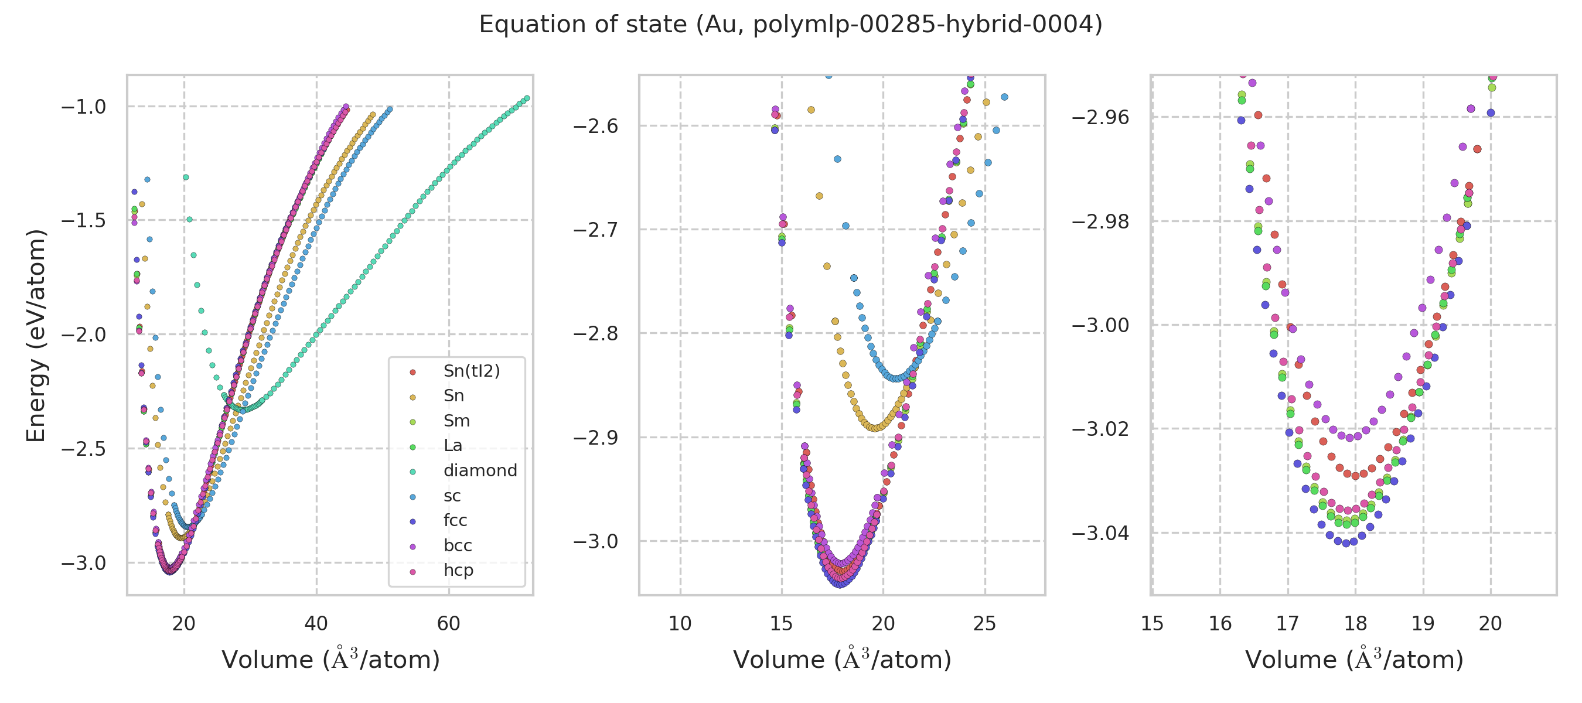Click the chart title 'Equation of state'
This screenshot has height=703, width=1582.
click(x=790, y=25)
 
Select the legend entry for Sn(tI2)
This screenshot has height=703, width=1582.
click(x=471, y=371)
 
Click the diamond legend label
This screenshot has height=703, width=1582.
click(x=480, y=470)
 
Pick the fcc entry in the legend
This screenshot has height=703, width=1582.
click(x=455, y=520)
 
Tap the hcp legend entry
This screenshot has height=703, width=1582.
click(x=458, y=570)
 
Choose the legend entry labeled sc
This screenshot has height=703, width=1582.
click(x=452, y=496)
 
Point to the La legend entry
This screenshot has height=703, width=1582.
click(x=452, y=445)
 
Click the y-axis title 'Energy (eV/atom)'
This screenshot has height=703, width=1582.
click(x=36, y=335)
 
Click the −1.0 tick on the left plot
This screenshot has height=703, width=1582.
click(x=84, y=107)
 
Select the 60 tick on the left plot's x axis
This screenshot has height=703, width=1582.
click(x=448, y=624)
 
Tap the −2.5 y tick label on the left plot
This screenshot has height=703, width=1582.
click(x=84, y=449)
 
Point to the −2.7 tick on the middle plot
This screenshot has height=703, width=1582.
click(x=595, y=230)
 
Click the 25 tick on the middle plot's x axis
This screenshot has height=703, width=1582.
click(x=984, y=624)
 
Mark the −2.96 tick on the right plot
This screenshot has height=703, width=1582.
click(x=1100, y=117)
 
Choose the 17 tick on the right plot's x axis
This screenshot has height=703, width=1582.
click(x=1287, y=624)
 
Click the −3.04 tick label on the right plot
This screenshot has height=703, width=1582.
click(x=1100, y=533)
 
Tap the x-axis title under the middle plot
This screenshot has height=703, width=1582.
click(x=842, y=660)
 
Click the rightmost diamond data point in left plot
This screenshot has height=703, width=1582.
click(x=526, y=98)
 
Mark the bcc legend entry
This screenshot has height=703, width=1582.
click(x=458, y=545)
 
